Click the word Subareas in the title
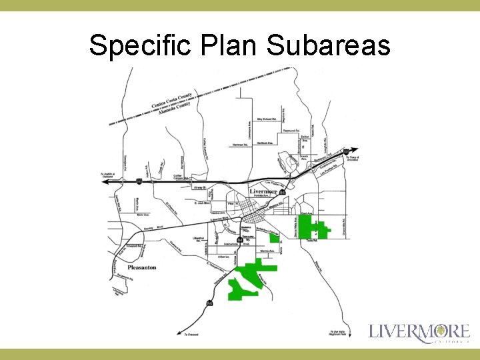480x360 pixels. click(x=328, y=46)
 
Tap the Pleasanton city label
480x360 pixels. click(x=141, y=267)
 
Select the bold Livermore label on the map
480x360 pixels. click(x=263, y=191)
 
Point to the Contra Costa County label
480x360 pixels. click(x=171, y=99)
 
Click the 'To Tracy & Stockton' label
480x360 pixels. click(x=352, y=158)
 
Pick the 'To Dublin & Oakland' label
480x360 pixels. click(x=109, y=175)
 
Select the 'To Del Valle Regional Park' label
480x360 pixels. click(x=338, y=333)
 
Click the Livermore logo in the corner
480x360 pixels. click(x=419, y=333)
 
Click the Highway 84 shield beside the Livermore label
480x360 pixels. click(x=283, y=193)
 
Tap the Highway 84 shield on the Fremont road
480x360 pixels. click(x=209, y=303)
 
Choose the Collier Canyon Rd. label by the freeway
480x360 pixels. click(x=182, y=177)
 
